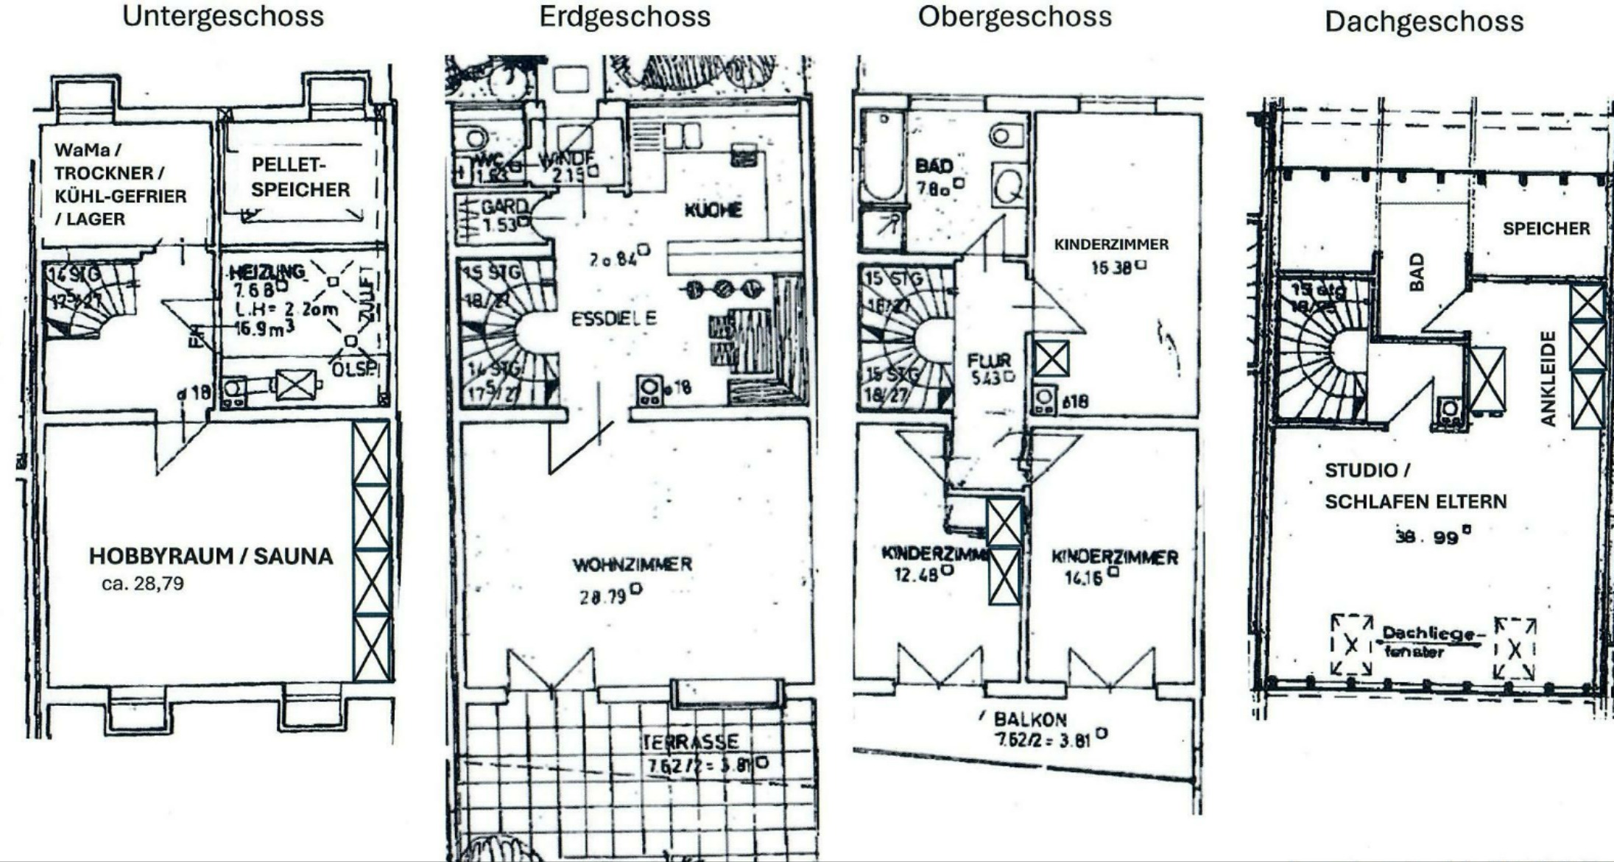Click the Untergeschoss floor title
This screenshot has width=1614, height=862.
click(x=222, y=16)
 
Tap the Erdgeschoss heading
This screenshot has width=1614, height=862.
click(x=624, y=16)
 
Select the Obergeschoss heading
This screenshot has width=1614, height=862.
click(x=1014, y=16)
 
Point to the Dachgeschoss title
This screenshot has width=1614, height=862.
click(x=1423, y=21)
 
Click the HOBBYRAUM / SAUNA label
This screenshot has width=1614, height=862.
click(x=211, y=556)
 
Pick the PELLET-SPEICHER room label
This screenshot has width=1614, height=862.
click(x=300, y=177)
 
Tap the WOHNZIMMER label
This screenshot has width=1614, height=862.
click(x=632, y=565)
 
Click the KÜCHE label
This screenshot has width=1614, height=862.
click(x=713, y=211)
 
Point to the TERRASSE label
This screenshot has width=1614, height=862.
click(x=690, y=741)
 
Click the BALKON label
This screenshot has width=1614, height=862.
click(x=1029, y=719)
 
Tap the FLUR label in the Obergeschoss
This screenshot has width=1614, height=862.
click(x=989, y=361)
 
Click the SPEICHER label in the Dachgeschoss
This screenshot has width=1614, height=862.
click(x=1546, y=229)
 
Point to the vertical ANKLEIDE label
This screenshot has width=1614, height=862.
click(x=1548, y=378)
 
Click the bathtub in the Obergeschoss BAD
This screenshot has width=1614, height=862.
click(x=882, y=155)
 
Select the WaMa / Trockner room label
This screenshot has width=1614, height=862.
click(x=120, y=184)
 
